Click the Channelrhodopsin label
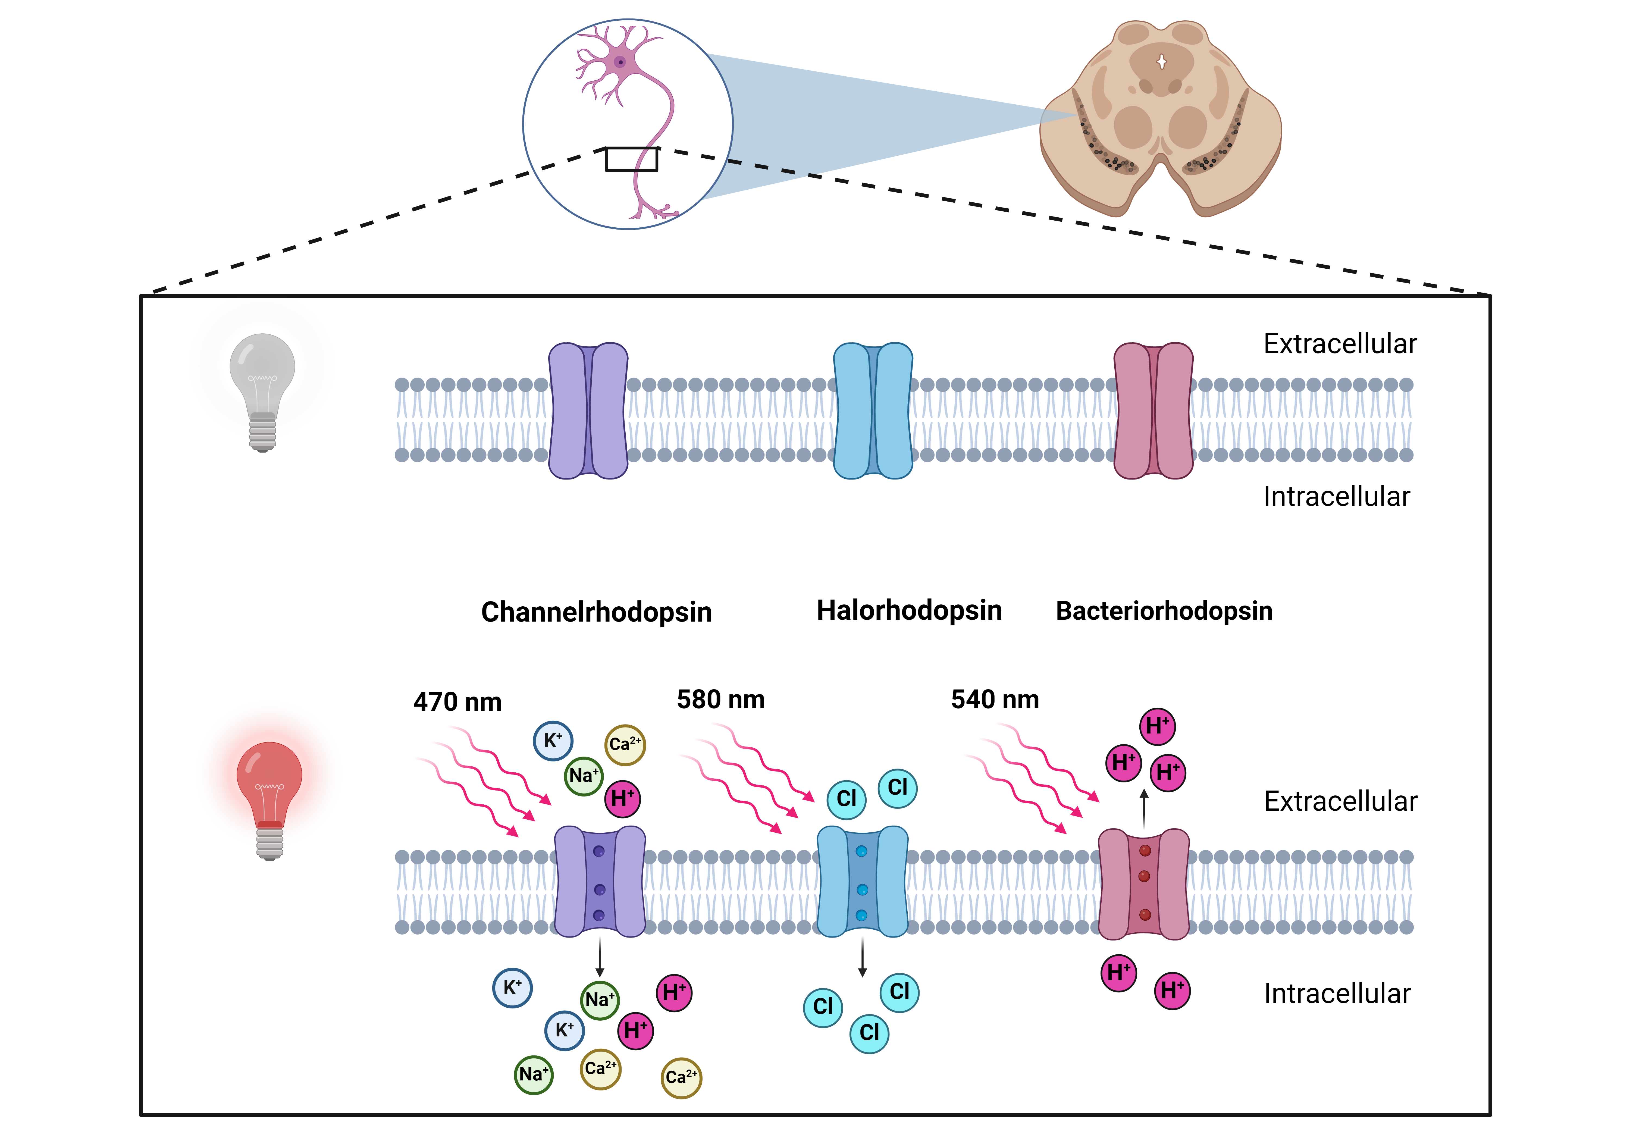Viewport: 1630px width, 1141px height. coord(596,612)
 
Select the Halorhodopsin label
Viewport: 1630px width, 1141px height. coord(909,611)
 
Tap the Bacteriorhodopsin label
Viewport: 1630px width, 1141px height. coord(1164,611)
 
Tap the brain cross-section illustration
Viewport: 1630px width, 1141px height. coord(1161,117)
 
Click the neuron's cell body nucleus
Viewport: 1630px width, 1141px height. coord(620,62)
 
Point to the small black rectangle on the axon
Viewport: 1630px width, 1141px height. coord(631,159)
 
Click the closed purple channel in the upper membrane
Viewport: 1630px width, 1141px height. coord(588,411)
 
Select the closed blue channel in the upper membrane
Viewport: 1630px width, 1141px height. coord(873,411)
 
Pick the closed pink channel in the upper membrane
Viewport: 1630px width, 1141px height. coord(1154,411)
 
